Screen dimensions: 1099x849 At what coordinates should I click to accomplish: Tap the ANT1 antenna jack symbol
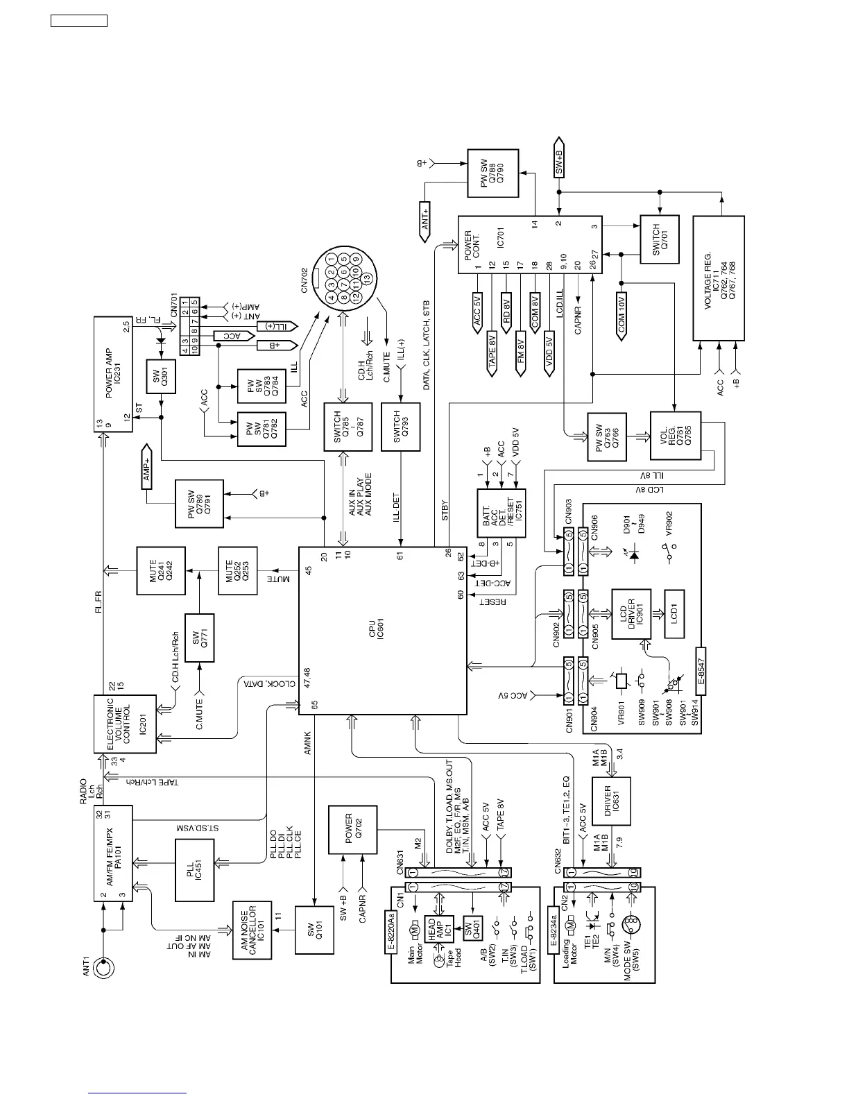[x=103, y=968]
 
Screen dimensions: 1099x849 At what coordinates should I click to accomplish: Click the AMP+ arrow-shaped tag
[x=146, y=466]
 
